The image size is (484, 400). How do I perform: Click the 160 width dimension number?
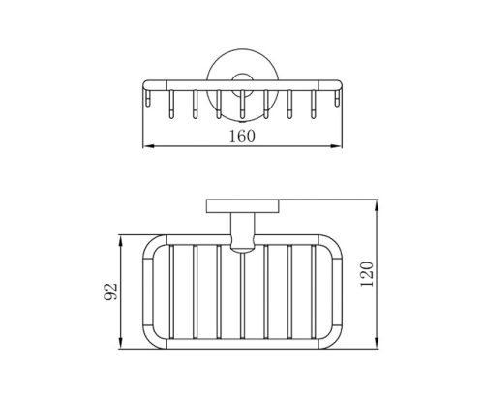coord(242,136)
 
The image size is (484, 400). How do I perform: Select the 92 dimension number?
coord(111,292)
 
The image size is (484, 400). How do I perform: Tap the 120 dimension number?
coord(367,274)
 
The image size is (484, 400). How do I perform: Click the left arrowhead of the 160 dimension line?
coord(147,146)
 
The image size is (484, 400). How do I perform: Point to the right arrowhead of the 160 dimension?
coord(337,146)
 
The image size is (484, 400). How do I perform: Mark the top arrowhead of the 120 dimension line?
coord(377,204)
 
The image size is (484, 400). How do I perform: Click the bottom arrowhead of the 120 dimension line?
coord(377,344)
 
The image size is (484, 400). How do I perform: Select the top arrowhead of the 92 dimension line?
coord(121,240)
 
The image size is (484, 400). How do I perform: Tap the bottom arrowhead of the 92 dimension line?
coord(121,344)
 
